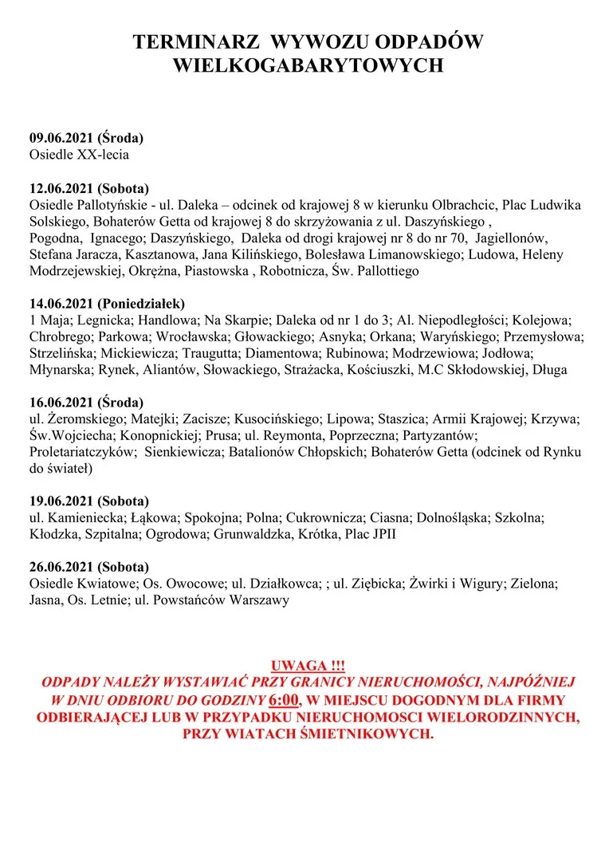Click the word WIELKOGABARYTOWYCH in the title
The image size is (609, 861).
pos(308,66)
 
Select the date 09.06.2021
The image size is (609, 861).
pos(61,138)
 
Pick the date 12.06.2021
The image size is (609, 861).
pos(61,189)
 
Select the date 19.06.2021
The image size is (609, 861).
pos(61,501)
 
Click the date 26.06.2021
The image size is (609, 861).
pos(61,567)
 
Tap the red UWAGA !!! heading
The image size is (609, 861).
pos(307,666)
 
